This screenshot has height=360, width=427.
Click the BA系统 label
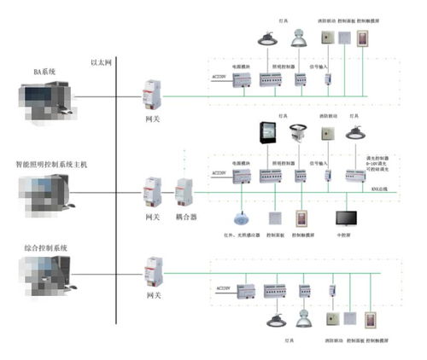point(44,73)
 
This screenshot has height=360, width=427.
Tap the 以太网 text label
point(102,61)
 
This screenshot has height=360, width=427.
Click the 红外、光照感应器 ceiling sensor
point(237,218)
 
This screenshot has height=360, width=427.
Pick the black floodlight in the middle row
point(267,135)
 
